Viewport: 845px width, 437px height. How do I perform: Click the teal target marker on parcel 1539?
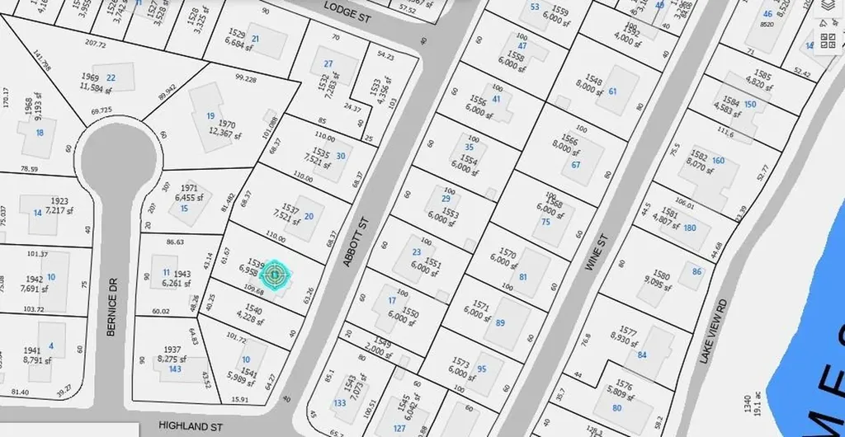click(276, 272)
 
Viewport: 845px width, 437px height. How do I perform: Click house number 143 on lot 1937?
click(175, 369)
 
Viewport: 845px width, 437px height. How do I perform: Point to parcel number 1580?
click(661, 274)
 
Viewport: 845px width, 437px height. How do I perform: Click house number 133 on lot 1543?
click(340, 402)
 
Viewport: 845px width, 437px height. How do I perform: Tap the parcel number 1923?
click(59, 201)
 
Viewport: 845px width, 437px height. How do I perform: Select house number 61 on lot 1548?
click(612, 92)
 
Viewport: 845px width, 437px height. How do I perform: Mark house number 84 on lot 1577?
click(641, 355)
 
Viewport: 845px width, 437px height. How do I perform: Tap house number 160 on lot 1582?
click(718, 161)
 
